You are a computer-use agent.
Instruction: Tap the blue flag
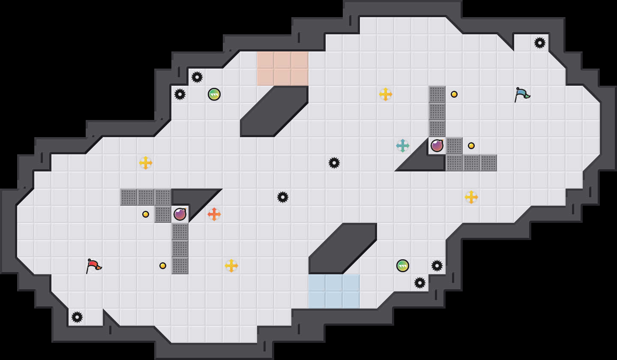pos(521,94)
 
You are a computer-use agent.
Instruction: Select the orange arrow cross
pos(214,214)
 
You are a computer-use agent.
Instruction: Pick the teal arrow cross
pos(403,146)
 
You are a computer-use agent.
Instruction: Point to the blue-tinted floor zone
pos(334,291)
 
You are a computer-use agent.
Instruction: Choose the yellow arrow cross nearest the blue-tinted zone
pos(231,266)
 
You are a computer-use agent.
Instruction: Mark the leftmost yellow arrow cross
pos(146,163)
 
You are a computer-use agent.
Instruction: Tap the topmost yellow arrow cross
pos(386,94)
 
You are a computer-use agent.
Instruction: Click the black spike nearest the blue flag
pos(540,43)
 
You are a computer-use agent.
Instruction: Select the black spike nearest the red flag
pos(77,317)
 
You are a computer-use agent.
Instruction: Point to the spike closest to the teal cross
pos(334,163)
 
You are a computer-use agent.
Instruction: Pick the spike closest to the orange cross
pos(283,197)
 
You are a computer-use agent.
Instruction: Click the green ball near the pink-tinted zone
pos(214,94)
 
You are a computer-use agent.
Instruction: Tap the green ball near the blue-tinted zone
pos(403,266)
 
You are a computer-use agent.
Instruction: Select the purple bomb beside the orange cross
pos(180,214)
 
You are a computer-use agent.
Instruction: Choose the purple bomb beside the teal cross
pos(437,146)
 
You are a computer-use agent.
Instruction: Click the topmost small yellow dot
pos(454,94)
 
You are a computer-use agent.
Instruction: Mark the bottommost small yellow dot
pos(163,266)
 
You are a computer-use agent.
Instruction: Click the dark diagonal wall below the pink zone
pos(274,111)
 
